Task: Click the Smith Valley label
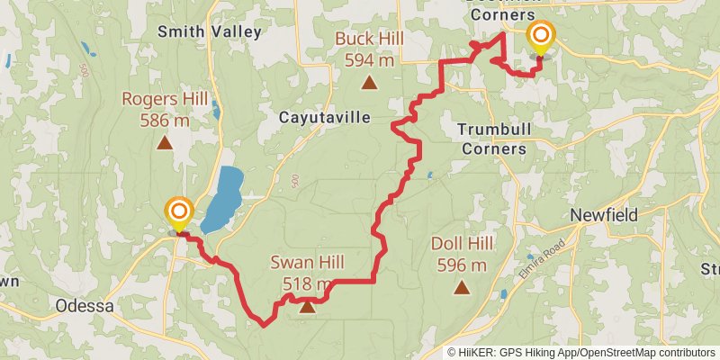click(x=209, y=31)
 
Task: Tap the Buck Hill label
click(x=368, y=39)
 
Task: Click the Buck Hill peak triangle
click(x=368, y=84)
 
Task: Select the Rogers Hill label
click(x=165, y=98)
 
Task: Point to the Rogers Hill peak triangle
click(x=165, y=141)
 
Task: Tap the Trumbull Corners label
click(x=491, y=138)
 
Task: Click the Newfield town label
click(x=604, y=216)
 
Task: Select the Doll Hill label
click(x=462, y=244)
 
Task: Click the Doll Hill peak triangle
click(x=462, y=288)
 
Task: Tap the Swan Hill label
click(x=307, y=264)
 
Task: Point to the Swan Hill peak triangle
click(x=308, y=307)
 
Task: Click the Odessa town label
click(x=85, y=305)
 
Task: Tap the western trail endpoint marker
click(x=178, y=214)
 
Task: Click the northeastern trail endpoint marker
click(x=541, y=38)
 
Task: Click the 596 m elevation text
click(x=462, y=265)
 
